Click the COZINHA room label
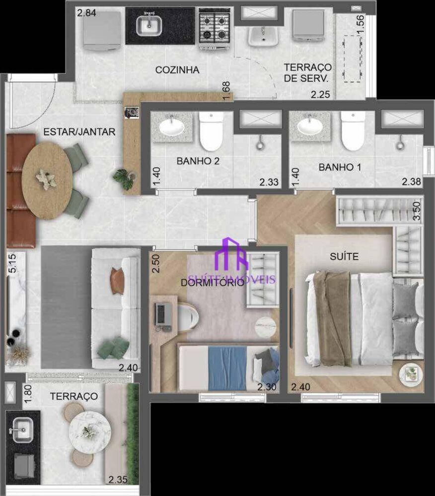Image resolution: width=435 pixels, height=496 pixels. (x=177, y=70)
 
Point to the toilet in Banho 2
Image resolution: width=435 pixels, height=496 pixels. (x=212, y=131)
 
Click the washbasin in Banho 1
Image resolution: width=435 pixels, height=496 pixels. (x=310, y=125)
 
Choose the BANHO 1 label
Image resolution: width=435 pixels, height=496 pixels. (x=340, y=167)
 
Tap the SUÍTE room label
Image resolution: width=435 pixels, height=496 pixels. (x=344, y=256)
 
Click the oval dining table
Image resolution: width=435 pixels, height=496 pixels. (x=48, y=181)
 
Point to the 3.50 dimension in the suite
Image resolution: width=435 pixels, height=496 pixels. (x=417, y=211)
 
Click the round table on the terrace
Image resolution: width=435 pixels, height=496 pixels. (x=89, y=432)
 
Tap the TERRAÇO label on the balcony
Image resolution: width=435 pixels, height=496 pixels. (x=74, y=396)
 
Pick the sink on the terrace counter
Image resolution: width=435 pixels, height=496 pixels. (x=22, y=429)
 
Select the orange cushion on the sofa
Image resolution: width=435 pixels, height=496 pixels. (x=117, y=281)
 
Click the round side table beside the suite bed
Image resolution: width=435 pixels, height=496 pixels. (x=411, y=373)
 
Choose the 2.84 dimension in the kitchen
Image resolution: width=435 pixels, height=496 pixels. (x=86, y=12)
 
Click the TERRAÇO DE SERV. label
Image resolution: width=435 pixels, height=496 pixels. (x=307, y=73)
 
